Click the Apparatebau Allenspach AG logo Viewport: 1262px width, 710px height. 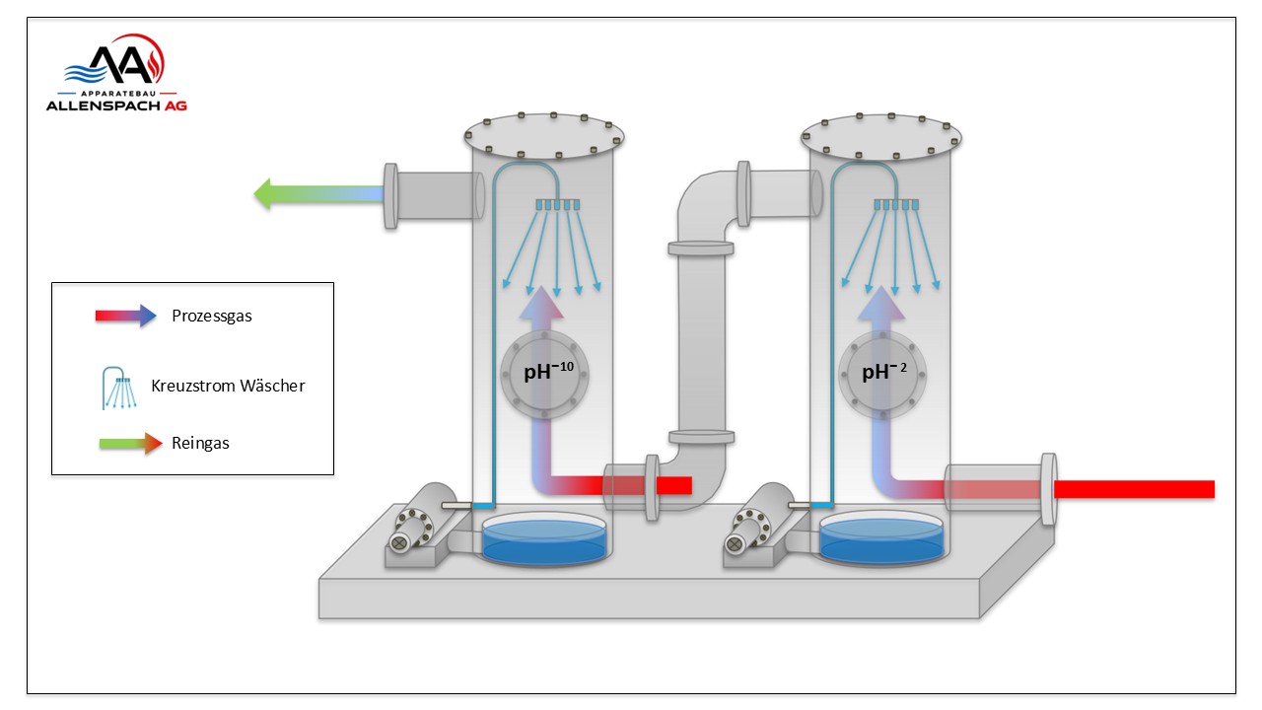tap(116, 73)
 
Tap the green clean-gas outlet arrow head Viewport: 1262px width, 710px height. tap(263, 194)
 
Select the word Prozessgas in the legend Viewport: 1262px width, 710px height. tap(212, 317)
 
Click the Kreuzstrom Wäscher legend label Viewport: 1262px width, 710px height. tap(228, 386)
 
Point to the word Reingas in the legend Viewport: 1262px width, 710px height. tap(200, 444)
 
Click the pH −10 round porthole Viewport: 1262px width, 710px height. tap(545, 374)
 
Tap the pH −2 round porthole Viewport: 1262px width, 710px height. tap(882, 374)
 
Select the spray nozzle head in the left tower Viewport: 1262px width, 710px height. tap(558, 204)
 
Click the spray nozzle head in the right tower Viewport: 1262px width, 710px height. tap(896, 204)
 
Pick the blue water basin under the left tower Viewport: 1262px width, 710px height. tap(544, 538)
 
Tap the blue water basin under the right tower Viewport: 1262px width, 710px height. tap(881, 538)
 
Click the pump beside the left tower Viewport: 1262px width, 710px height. tap(420, 524)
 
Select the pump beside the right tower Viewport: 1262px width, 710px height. tap(757, 524)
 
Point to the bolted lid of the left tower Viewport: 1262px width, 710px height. tap(544, 135)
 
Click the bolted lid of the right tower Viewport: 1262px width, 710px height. tap(881, 136)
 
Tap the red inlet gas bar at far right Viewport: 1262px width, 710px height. tap(1134, 489)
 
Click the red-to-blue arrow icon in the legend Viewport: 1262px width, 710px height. tap(125, 317)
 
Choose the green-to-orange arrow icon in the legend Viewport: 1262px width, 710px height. tap(131, 444)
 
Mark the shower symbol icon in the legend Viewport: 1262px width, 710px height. tap(119, 389)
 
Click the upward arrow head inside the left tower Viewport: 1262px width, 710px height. tap(542, 302)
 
